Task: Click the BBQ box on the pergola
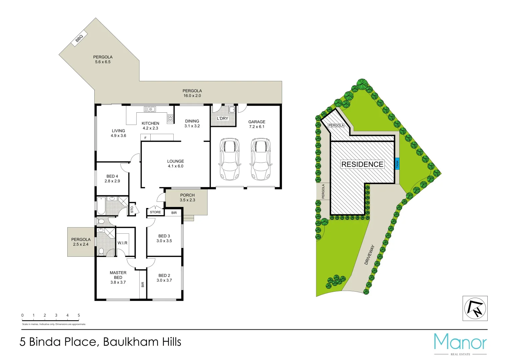point(79,38)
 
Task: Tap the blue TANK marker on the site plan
point(397,164)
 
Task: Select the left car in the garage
point(229,159)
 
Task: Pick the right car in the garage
point(261,159)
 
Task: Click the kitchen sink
point(150,109)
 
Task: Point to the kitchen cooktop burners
point(170,118)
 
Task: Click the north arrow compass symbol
point(475,308)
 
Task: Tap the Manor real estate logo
point(460,343)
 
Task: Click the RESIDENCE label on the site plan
point(362,164)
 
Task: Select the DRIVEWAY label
point(369,255)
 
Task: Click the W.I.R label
point(122,243)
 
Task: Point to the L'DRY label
point(223,118)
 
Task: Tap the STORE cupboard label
point(155,212)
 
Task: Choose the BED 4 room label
point(112,176)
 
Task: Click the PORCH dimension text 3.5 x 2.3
point(187,200)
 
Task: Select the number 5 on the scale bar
point(79,315)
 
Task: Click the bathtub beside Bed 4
point(101,206)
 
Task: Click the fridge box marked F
point(146,138)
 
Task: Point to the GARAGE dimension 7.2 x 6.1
point(257,127)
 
